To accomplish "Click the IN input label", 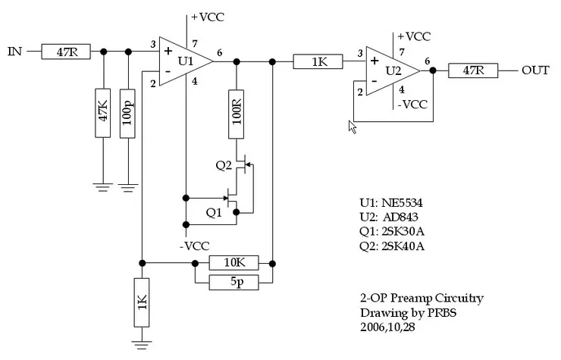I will point(14,52).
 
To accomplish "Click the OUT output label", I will point(535,70).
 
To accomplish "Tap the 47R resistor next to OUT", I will point(473,70).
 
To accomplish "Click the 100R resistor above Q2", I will point(236,114).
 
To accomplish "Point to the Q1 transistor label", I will point(215,211).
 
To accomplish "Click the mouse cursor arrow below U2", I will point(352,125).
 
